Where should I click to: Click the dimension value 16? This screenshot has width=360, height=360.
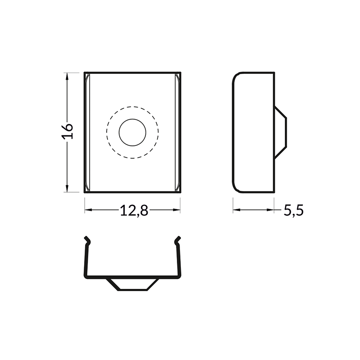[x=67, y=131]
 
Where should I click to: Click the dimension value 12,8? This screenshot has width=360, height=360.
[x=134, y=210]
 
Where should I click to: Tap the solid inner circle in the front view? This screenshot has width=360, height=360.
[x=132, y=132]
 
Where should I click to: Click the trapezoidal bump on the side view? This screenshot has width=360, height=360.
[x=280, y=132]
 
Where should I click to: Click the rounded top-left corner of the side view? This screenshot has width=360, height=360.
[x=236, y=76]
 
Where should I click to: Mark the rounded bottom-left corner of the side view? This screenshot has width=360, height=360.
[x=236, y=189]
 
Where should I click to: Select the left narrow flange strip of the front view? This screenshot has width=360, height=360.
[x=86, y=132]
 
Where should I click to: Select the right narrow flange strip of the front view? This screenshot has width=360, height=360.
[x=178, y=132]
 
